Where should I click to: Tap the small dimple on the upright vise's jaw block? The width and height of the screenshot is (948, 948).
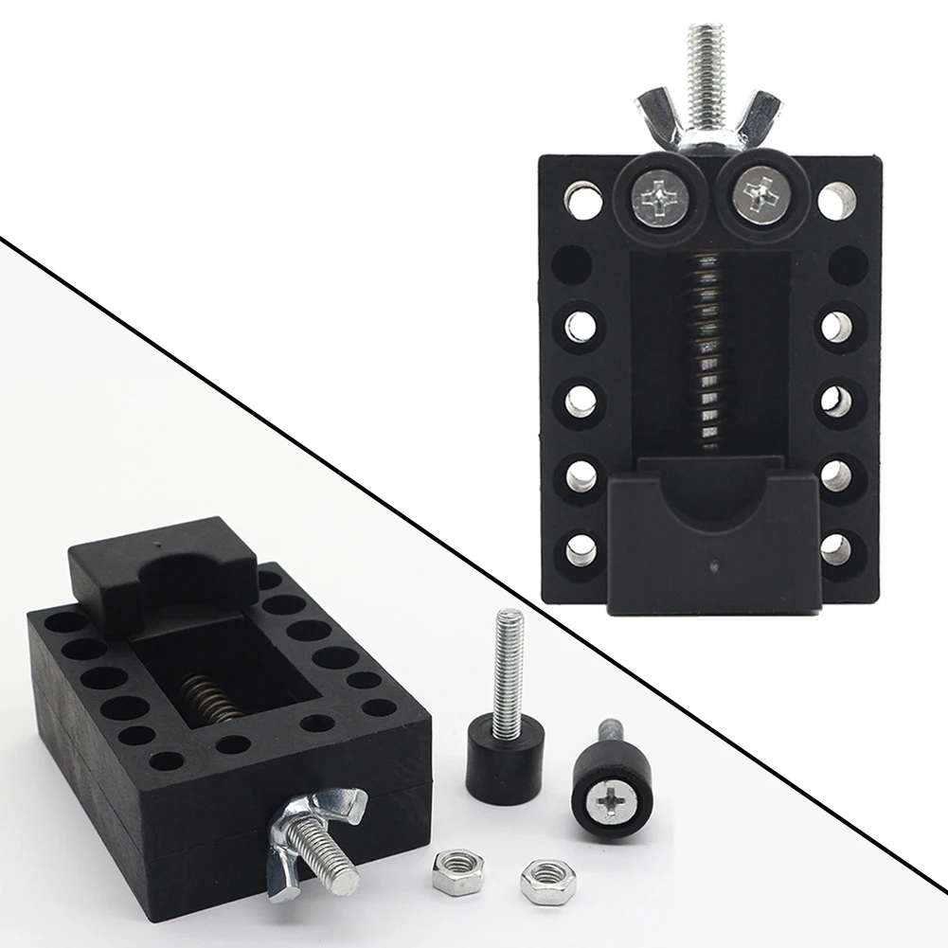(712, 568)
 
